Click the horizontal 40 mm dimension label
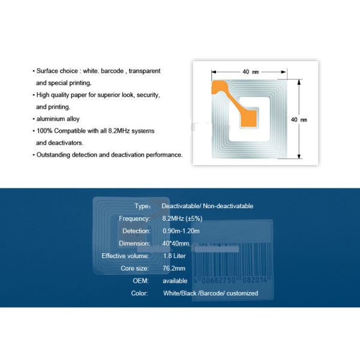(x=250, y=72)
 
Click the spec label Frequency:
(x=134, y=218)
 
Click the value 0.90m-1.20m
(x=181, y=231)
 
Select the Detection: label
(x=136, y=231)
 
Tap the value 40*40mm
(x=176, y=244)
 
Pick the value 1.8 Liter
(x=175, y=256)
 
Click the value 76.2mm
(x=174, y=268)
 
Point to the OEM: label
(x=140, y=281)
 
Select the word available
(x=175, y=281)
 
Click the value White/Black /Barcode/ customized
(x=211, y=293)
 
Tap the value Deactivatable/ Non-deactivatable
(x=208, y=206)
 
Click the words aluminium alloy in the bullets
(x=58, y=119)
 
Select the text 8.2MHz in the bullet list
(x=127, y=131)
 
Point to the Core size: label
(x=135, y=268)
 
